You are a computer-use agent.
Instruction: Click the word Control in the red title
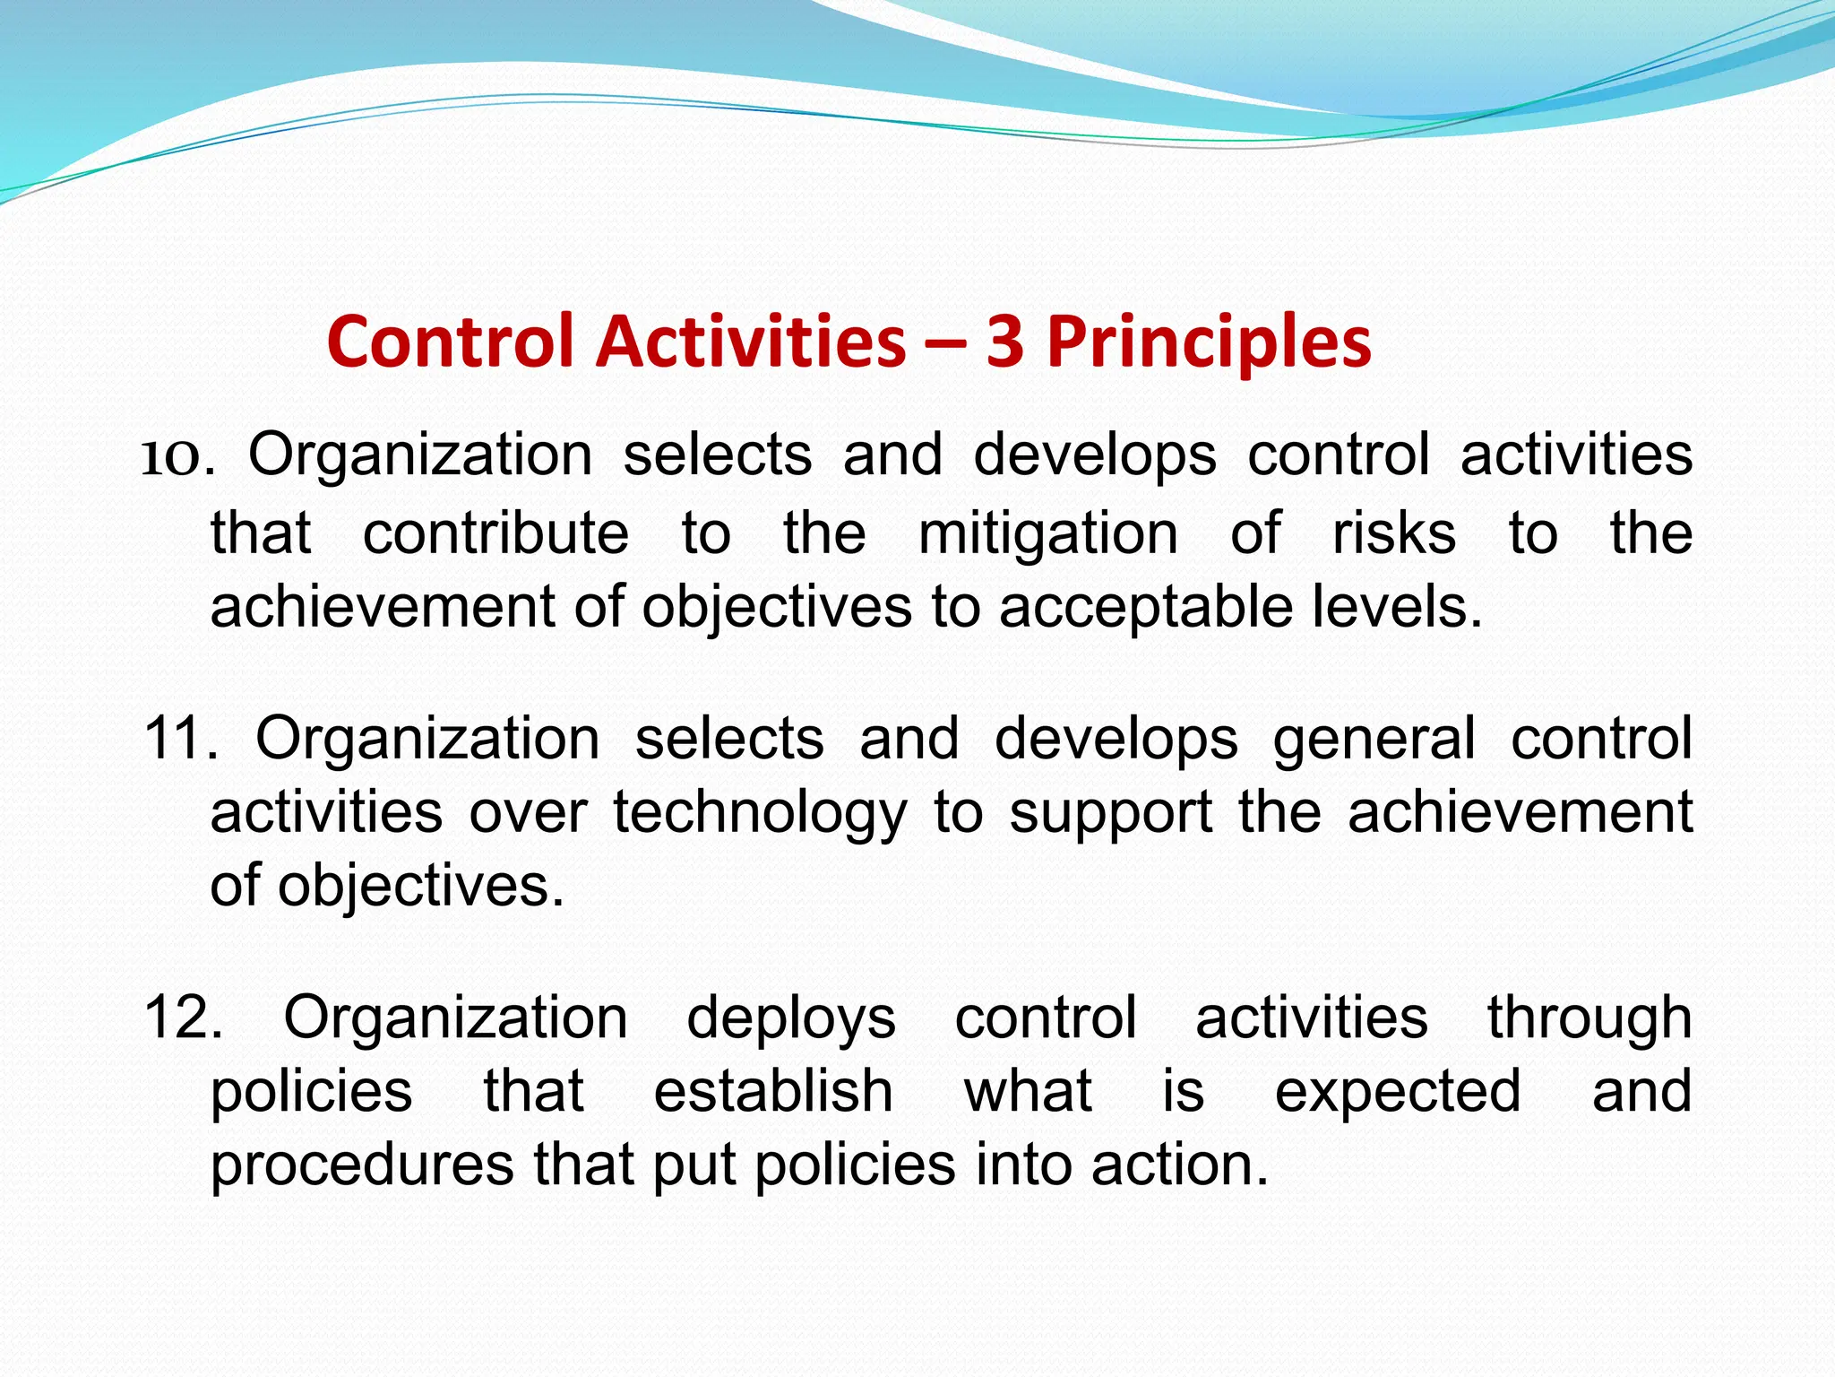(450, 342)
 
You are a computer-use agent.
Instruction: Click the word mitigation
(1047, 535)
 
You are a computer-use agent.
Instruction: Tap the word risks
(1393, 533)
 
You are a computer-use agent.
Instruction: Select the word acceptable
(1146, 608)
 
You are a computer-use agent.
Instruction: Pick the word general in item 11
(1374, 740)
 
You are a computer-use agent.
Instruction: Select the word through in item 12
(1589, 1019)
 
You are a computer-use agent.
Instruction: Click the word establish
(772, 1092)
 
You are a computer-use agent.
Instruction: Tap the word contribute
(495, 533)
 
